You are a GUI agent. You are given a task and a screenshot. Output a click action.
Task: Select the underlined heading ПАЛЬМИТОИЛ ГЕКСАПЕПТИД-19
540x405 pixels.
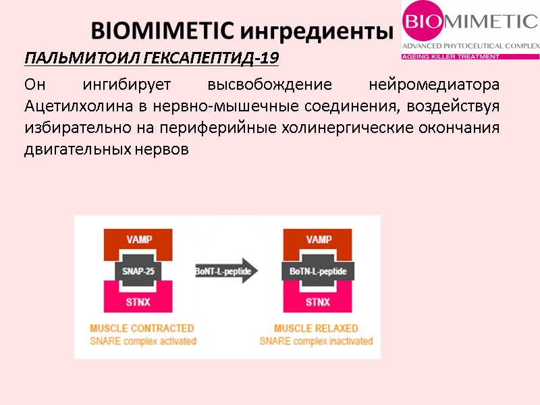pyautogui.click(x=151, y=59)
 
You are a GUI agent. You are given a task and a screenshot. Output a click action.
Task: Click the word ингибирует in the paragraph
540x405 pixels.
pyautogui.click(x=124, y=85)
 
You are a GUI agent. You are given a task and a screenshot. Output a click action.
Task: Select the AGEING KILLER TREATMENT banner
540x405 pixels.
pyautogui.click(x=451, y=57)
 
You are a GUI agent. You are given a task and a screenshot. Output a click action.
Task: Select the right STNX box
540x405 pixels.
pyautogui.click(x=318, y=302)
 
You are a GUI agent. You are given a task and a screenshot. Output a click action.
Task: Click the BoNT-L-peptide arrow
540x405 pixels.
pyautogui.click(x=226, y=271)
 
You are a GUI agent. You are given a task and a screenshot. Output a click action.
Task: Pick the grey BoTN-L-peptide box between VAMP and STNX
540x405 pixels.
pyautogui.click(x=318, y=271)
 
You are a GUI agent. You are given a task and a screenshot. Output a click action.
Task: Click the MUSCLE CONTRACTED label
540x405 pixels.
pyautogui.click(x=142, y=329)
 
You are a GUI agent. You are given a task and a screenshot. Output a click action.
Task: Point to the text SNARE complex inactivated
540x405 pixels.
pyautogui.click(x=317, y=342)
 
